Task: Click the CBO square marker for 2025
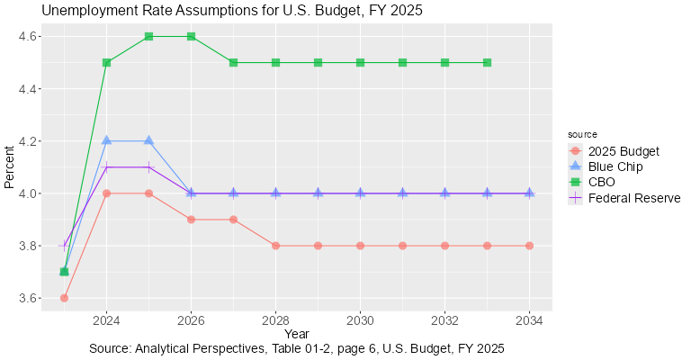(148, 36)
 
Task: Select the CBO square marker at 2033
(487, 62)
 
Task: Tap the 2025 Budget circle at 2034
(529, 246)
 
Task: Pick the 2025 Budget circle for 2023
(64, 298)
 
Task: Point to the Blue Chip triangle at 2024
(106, 140)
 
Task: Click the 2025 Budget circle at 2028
(275, 246)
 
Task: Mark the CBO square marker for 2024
(106, 62)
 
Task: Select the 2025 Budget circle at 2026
(191, 220)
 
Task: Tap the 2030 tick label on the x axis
(360, 320)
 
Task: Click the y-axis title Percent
(9, 167)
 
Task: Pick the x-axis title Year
(296, 335)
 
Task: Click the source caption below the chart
(296, 348)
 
